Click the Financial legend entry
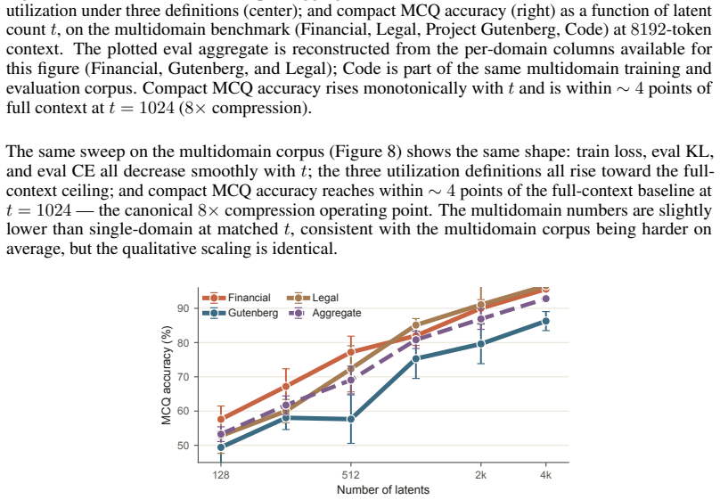point(236,298)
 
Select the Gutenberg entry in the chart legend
point(241,313)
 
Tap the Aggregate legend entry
point(324,313)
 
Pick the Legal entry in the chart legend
point(313,298)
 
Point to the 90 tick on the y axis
point(184,308)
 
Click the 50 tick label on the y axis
point(184,446)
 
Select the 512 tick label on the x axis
point(351,475)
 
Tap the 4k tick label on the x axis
point(545,475)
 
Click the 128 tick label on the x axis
point(221,475)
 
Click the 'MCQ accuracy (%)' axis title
point(167,375)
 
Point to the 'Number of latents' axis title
point(383,490)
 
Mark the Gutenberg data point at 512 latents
point(351,419)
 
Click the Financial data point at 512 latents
point(351,352)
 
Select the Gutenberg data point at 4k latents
point(545,322)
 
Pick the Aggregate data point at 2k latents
point(481,319)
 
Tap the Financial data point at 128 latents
point(221,419)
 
